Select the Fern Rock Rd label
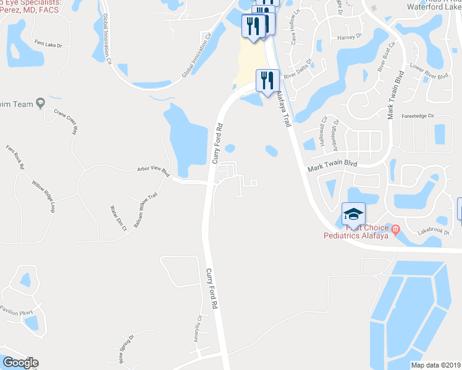click(15, 157)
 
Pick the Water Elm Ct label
click(118, 218)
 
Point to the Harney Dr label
click(349, 37)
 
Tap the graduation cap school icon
click(353, 214)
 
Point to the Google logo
click(20, 363)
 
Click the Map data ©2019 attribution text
click(435, 365)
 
